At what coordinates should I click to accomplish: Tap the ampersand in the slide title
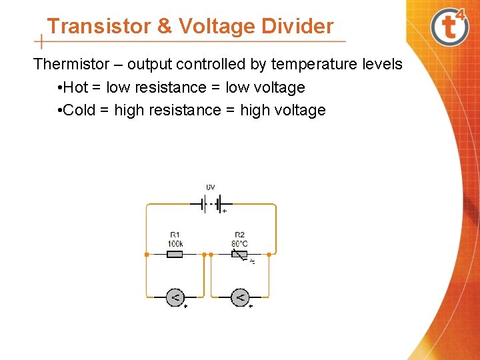tap(164, 26)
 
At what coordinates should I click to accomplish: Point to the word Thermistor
tap(71, 65)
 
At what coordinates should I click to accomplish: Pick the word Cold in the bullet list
tap(81, 110)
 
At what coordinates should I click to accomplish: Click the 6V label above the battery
tap(210, 187)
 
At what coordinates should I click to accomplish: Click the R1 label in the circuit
tap(175, 235)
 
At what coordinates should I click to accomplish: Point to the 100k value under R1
tap(175, 243)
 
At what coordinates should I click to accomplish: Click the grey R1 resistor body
tap(175, 254)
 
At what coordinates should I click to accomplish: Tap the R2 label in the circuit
tap(239, 235)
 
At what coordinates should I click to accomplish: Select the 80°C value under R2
tap(239, 243)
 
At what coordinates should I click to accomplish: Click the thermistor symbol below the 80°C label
tap(240, 255)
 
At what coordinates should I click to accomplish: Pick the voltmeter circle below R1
tap(175, 297)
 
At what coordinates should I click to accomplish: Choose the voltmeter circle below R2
tap(240, 297)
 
